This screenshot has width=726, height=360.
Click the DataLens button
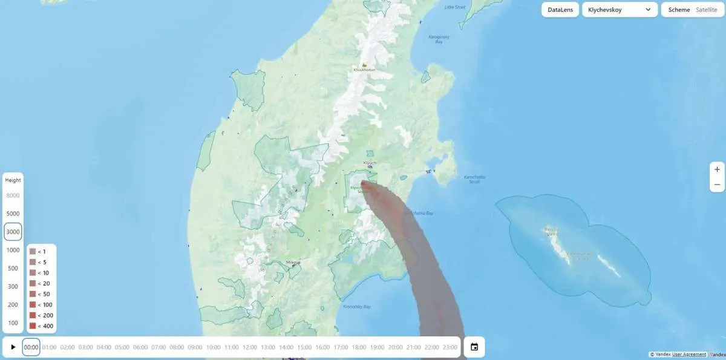pyautogui.click(x=560, y=10)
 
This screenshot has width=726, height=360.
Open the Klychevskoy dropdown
pyautogui.click(x=619, y=10)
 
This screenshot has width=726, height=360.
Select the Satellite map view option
pyautogui.click(x=706, y=10)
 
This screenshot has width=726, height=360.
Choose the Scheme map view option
pyautogui.click(x=679, y=10)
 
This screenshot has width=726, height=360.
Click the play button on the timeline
pyautogui.click(x=13, y=347)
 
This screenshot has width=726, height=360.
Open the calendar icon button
pyautogui.click(x=474, y=347)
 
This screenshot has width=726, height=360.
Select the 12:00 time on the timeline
pyautogui.click(x=249, y=347)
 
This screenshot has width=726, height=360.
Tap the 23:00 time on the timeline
pyautogui.click(x=450, y=347)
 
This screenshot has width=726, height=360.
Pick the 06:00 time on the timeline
pyautogui.click(x=140, y=347)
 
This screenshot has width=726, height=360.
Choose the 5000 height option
pyautogui.click(x=13, y=214)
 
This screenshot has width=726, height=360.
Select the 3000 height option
pyautogui.click(x=13, y=232)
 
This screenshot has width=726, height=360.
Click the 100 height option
pyautogui.click(x=13, y=322)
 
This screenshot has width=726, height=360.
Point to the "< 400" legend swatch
pyautogui.click(x=32, y=326)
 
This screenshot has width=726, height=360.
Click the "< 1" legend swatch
pyautogui.click(x=32, y=251)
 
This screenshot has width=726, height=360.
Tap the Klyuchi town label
pyautogui.click(x=370, y=163)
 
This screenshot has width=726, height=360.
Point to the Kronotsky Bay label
pyautogui.click(x=356, y=307)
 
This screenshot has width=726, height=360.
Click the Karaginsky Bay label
pyautogui.click(x=436, y=39)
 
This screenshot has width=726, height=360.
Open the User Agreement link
pyautogui.click(x=689, y=355)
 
